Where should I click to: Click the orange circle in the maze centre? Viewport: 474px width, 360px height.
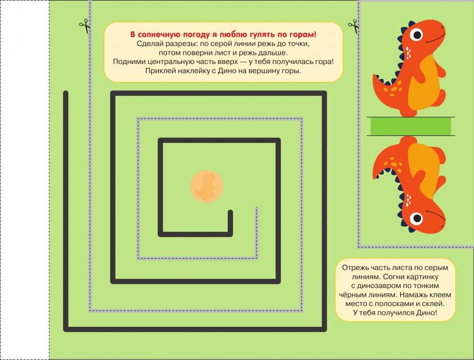click(x=207, y=186)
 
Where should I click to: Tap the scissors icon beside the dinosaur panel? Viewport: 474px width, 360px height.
click(x=353, y=27)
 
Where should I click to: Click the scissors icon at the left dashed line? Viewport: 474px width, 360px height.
click(x=85, y=26)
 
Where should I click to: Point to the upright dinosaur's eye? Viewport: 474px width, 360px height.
click(x=417, y=35)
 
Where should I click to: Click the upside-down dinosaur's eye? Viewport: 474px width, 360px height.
click(x=417, y=218)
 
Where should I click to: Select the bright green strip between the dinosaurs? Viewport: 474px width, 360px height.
click(x=411, y=126)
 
